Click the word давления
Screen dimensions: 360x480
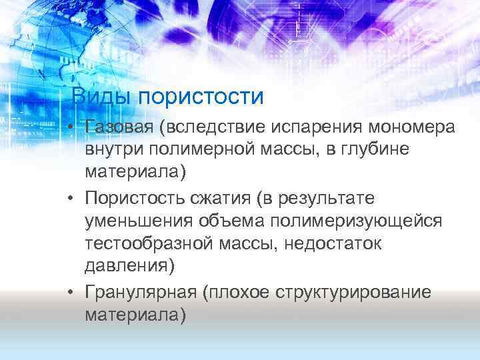pyautogui.click(x=130, y=267)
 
